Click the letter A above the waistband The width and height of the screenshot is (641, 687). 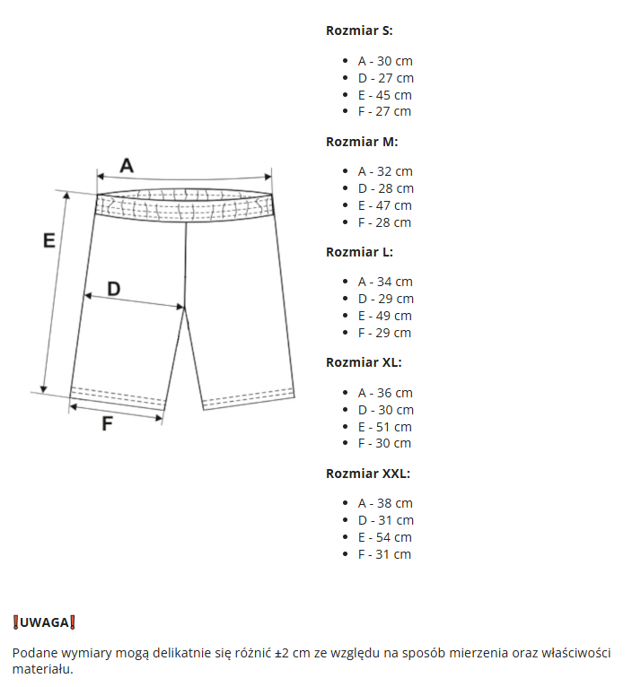pyautogui.click(x=127, y=165)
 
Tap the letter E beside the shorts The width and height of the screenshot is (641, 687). pyautogui.click(x=49, y=240)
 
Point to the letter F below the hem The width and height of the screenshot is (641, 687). pyautogui.click(x=107, y=424)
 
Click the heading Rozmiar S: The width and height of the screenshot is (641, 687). pyautogui.click(x=359, y=30)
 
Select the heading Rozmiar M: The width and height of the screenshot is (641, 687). pyautogui.click(x=362, y=141)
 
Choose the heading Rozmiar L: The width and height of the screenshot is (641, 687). pyautogui.click(x=359, y=252)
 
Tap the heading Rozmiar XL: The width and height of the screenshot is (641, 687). pyautogui.click(x=364, y=362)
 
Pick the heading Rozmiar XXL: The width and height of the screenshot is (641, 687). pyautogui.click(x=367, y=474)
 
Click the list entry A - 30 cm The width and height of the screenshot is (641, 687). pyautogui.click(x=385, y=61)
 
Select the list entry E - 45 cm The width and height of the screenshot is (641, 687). pyautogui.click(x=384, y=95)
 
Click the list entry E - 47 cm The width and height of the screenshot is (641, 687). pyautogui.click(x=384, y=205)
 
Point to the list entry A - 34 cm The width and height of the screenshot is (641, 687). pyautogui.click(x=385, y=282)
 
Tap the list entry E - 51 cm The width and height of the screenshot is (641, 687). pyautogui.click(x=384, y=427)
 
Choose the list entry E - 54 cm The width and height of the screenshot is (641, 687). pyautogui.click(x=384, y=537)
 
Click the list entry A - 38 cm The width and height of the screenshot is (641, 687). pyautogui.click(x=385, y=503)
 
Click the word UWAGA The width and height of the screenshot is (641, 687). pyautogui.click(x=44, y=622)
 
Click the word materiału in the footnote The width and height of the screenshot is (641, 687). pyautogui.click(x=41, y=669)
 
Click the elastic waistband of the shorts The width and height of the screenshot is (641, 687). pyautogui.click(x=185, y=206)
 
